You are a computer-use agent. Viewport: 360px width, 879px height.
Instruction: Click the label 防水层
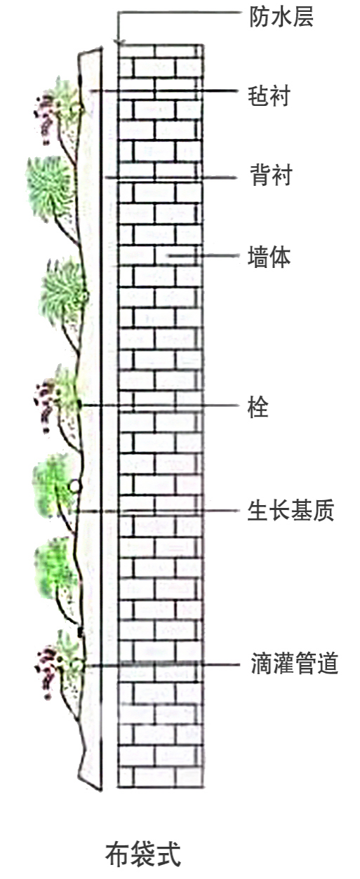281,17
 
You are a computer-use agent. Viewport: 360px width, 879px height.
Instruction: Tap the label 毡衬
269,95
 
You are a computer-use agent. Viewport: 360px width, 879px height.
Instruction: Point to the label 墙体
269,257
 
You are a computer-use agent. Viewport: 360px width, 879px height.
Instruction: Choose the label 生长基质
291,510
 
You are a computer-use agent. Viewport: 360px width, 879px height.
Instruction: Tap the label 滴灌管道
295,663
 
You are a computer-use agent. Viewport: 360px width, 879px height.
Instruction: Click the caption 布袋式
143,854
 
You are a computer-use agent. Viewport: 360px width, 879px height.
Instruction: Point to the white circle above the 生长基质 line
74,486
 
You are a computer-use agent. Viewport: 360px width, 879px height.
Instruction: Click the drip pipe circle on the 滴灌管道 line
75,665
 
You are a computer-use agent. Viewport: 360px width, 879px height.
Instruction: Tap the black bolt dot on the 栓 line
80,404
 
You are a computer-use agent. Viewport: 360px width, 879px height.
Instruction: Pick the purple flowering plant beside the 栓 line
45,408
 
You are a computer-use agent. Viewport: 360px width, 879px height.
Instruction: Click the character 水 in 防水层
281,17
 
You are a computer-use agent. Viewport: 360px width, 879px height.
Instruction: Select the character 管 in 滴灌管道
305,663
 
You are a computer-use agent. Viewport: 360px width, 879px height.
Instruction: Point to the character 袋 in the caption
143,854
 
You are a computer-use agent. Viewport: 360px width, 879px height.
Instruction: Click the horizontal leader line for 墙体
202,256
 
